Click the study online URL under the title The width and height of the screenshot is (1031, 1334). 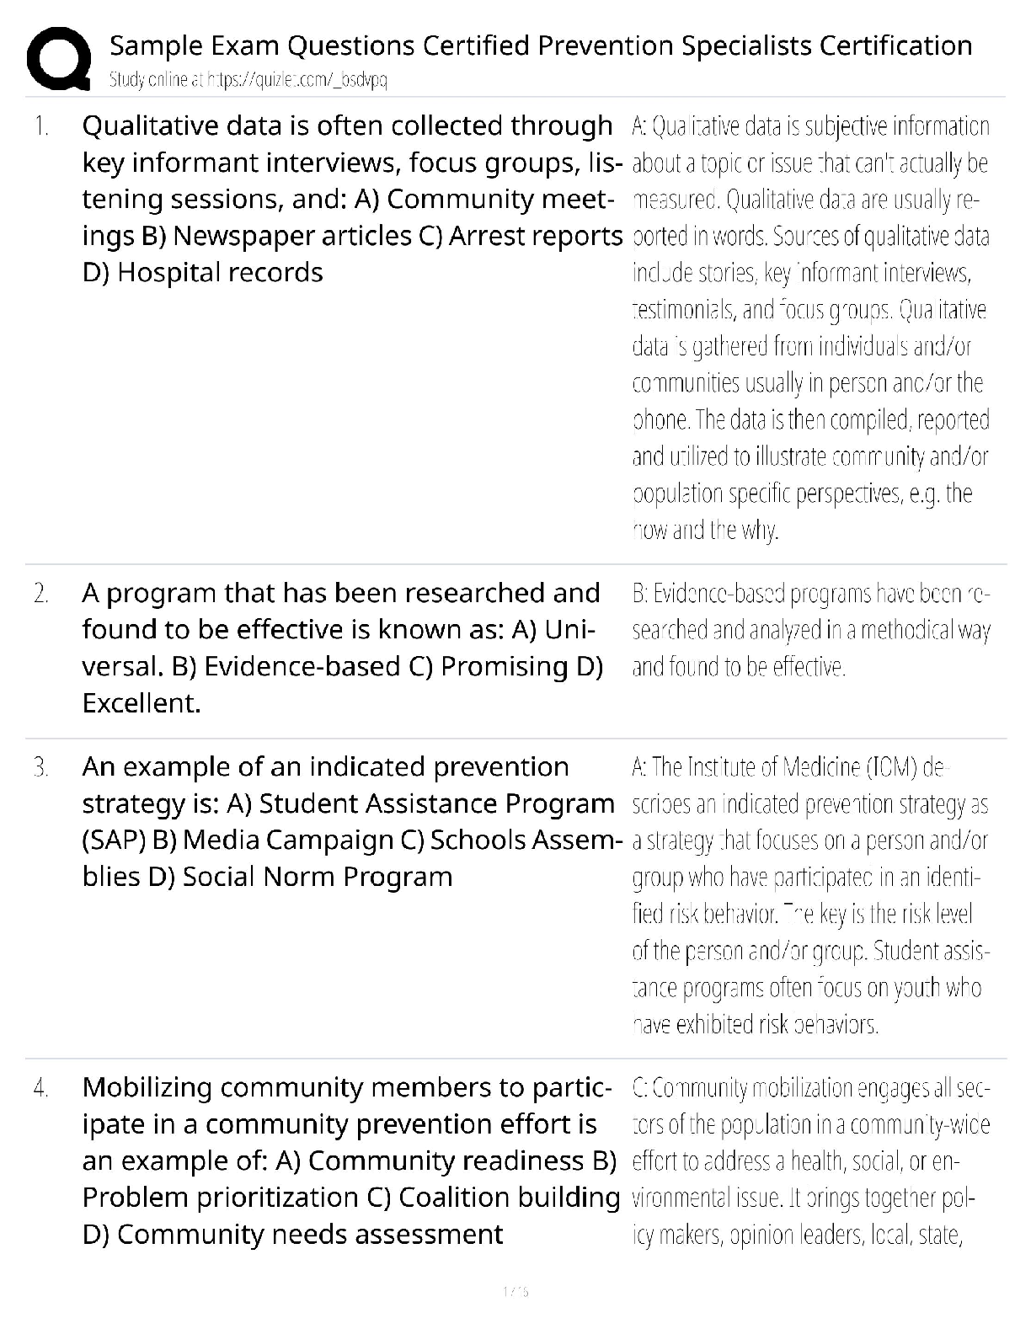[248, 80]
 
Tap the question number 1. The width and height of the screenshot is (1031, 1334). [41, 126]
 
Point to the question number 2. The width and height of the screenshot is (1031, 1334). [41, 594]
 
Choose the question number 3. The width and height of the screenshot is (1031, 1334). [41, 767]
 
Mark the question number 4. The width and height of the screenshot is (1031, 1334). [41, 1088]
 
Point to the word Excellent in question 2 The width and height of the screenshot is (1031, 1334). [140, 703]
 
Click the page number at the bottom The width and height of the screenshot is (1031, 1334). [515, 1291]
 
